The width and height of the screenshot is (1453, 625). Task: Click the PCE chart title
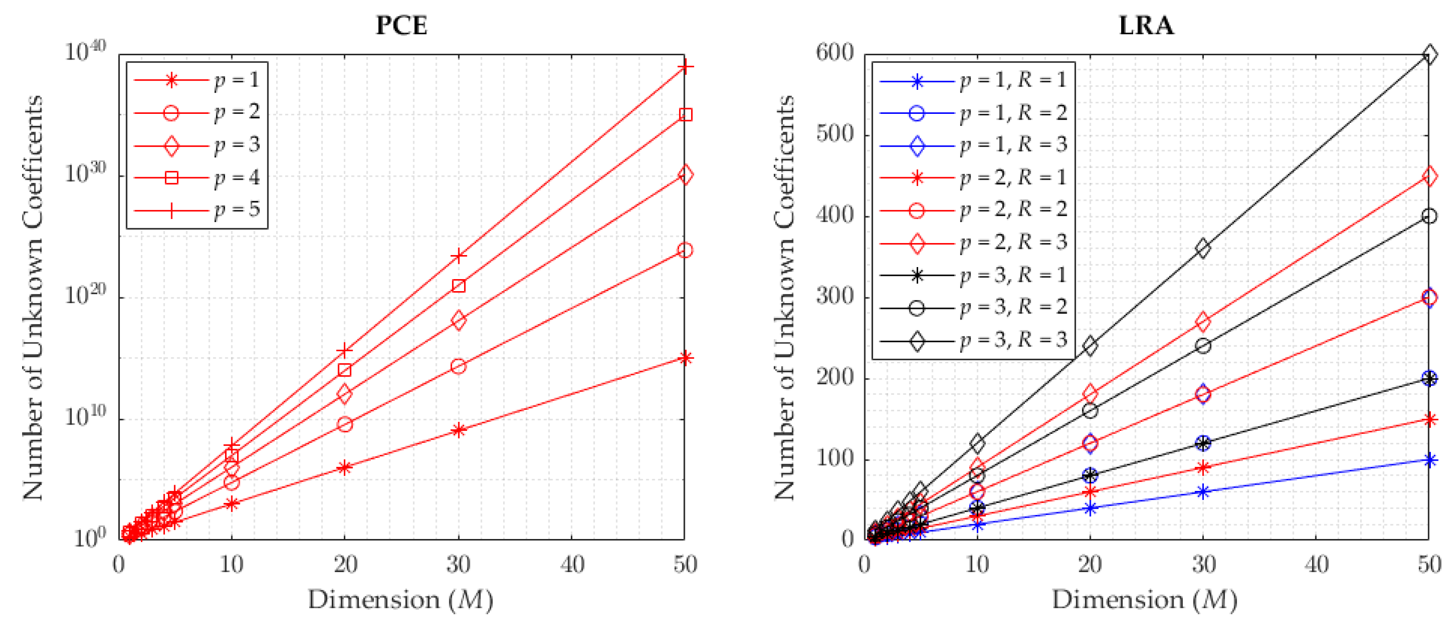(401, 25)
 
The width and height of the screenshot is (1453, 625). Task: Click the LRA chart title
(1146, 25)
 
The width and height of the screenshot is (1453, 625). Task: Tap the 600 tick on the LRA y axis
(835, 53)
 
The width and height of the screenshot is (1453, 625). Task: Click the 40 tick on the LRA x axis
(1316, 564)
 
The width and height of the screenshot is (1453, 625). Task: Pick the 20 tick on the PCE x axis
(345, 564)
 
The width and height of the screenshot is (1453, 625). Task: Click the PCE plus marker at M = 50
(685, 67)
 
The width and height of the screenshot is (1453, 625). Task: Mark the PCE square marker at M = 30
(458, 286)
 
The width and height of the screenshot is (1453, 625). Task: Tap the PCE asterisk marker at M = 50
(685, 358)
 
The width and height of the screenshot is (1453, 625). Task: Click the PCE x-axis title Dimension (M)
(401, 600)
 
